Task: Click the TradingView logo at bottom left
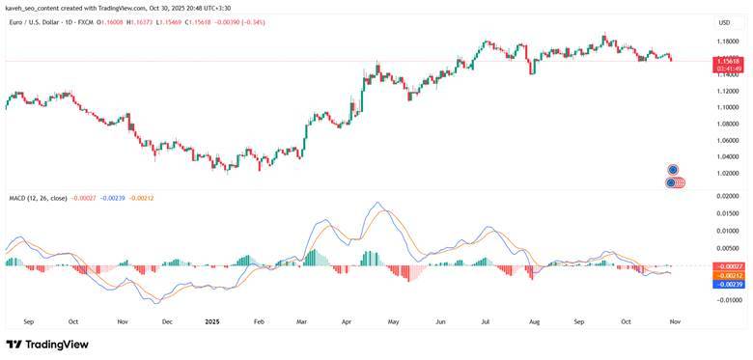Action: tap(47, 345)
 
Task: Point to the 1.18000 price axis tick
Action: tap(728, 42)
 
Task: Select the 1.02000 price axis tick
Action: tap(728, 173)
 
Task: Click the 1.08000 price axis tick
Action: tap(728, 124)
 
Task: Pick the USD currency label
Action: tap(724, 22)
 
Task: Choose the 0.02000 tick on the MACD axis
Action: tap(729, 196)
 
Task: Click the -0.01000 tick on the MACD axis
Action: tap(728, 300)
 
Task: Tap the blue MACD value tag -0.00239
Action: tap(729, 284)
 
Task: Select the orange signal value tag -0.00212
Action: tap(729, 275)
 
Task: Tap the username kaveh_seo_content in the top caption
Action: tap(33, 7)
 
